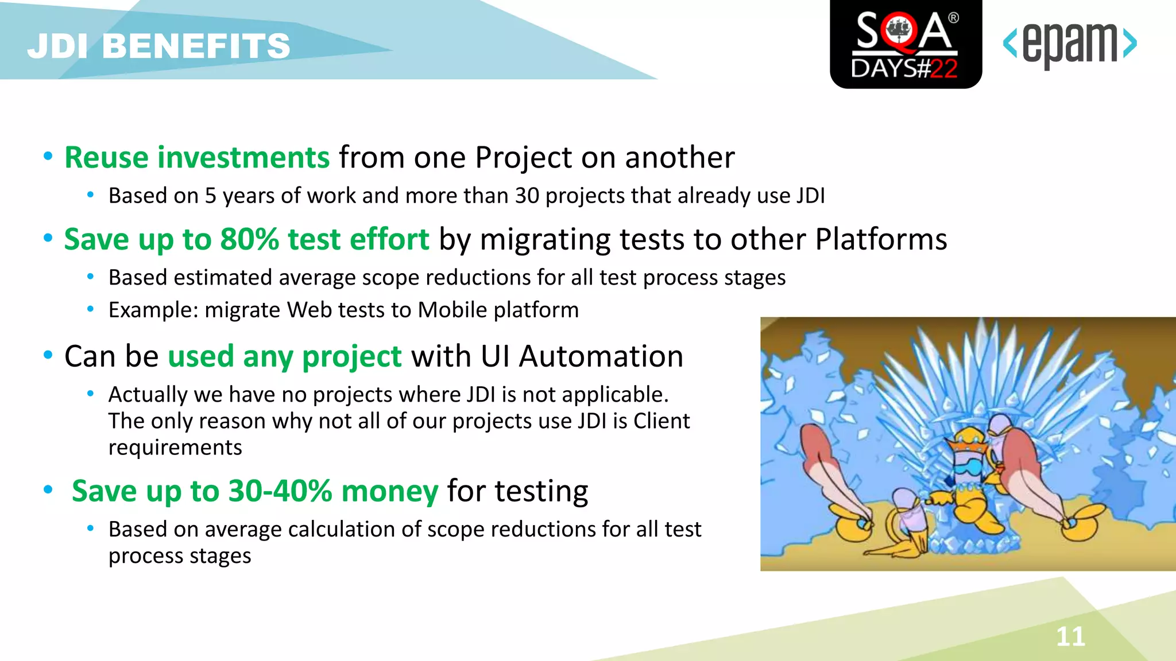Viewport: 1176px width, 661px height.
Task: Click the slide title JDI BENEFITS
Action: coord(158,46)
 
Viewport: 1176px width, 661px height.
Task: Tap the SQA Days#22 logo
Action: coord(906,45)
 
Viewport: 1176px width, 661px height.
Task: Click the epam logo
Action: coord(1070,45)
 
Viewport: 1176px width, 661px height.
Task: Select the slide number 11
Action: coord(1070,636)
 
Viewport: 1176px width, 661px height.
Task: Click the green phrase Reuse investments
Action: coord(197,157)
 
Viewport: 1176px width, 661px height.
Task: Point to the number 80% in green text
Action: coord(249,239)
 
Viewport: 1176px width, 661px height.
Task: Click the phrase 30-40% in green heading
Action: coord(280,491)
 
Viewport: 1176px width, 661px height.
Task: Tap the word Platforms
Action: coord(881,239)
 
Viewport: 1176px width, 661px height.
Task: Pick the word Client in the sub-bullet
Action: coord(661,421)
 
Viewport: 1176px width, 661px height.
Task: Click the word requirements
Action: coord(175,448)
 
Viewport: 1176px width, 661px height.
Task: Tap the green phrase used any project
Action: coord(284,356)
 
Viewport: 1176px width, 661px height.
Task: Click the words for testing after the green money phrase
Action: coord(517,491)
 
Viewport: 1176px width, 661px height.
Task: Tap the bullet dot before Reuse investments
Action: coord(48,156)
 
